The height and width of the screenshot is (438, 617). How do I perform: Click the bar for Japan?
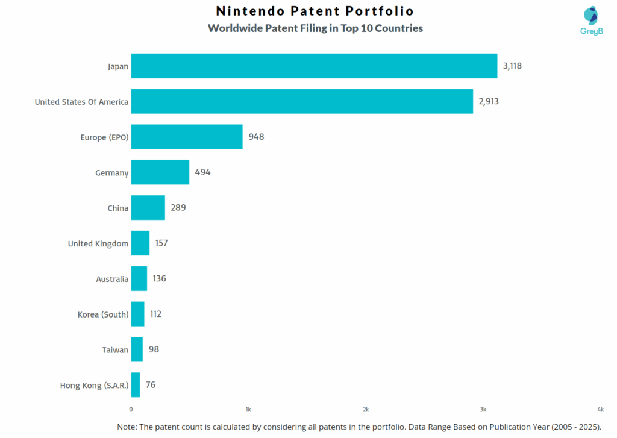pos(313,66)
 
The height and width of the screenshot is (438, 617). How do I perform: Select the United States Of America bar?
pos(301,101)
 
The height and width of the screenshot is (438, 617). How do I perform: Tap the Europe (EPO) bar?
pos(187,137)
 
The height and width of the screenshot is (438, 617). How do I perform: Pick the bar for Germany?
pos(160,172)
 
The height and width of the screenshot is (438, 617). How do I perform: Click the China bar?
pos(148,208)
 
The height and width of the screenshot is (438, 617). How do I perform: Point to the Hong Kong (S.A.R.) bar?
pos(136,385)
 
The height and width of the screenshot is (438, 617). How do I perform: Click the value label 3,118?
pos(512,66)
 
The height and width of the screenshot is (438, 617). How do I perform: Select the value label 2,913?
pos(489,101)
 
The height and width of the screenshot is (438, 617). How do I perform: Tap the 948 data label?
pos(256,137)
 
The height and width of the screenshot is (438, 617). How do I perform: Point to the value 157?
pos(161,243)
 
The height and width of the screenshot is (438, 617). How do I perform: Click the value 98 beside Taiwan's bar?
pos(154,349)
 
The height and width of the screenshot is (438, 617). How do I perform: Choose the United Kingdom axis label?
pos(98,243)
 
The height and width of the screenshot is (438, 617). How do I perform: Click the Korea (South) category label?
pos(103,314)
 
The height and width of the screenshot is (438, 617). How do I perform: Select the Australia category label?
pos(112,279)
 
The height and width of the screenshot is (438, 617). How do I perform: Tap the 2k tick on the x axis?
pos(366,409)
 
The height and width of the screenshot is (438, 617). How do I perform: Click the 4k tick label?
pos(601,409)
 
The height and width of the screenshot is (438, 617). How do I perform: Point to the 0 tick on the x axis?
pos(131,409)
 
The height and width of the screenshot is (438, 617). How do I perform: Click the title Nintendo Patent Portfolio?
pos(315,11)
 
